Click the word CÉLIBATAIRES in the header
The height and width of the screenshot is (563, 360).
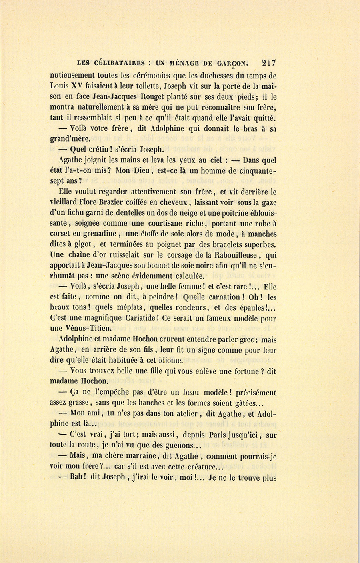click(x=119, y=63)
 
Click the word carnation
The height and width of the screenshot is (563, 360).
click(x=227, y=297)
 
